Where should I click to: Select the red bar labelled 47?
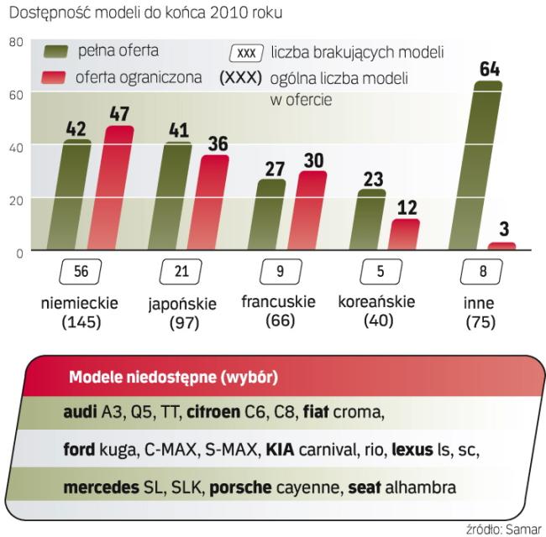click(x=118, y=189)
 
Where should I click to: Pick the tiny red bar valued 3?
click(x=501, y=246)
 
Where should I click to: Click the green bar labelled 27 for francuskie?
click(x=270, y=215)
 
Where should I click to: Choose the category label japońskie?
click(x=181, y=303)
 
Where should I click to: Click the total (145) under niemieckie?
click(x=81, y=322)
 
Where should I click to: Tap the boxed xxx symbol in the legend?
click(x=246, y=53)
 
